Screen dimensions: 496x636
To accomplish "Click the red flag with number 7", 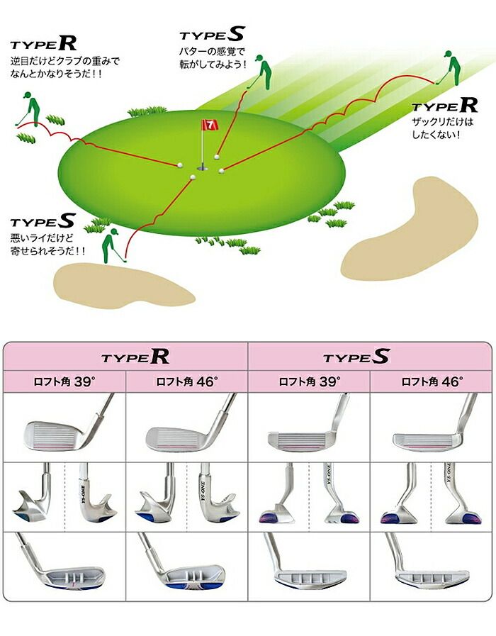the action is click(x=210, y=125).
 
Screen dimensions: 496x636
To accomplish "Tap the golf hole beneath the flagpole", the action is click(x=202, y=167).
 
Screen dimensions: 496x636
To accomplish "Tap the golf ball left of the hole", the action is click(x=179, y=165).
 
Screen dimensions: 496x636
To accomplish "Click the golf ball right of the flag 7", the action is click(x=218, y=156).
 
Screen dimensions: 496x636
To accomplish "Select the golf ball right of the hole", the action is click(x=221, y=171).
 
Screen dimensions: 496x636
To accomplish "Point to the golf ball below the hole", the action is click(x=193, y=177).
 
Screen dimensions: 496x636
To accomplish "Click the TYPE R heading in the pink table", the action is click(x=135, y=357).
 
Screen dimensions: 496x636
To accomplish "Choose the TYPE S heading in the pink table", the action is click(x=356, y=357).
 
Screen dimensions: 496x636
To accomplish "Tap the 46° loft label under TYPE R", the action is click(x=187, y=381).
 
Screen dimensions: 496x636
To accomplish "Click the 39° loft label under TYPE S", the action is click(x=309, y=381).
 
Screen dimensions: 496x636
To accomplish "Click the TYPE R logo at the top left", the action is click(x=43, y=43).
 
